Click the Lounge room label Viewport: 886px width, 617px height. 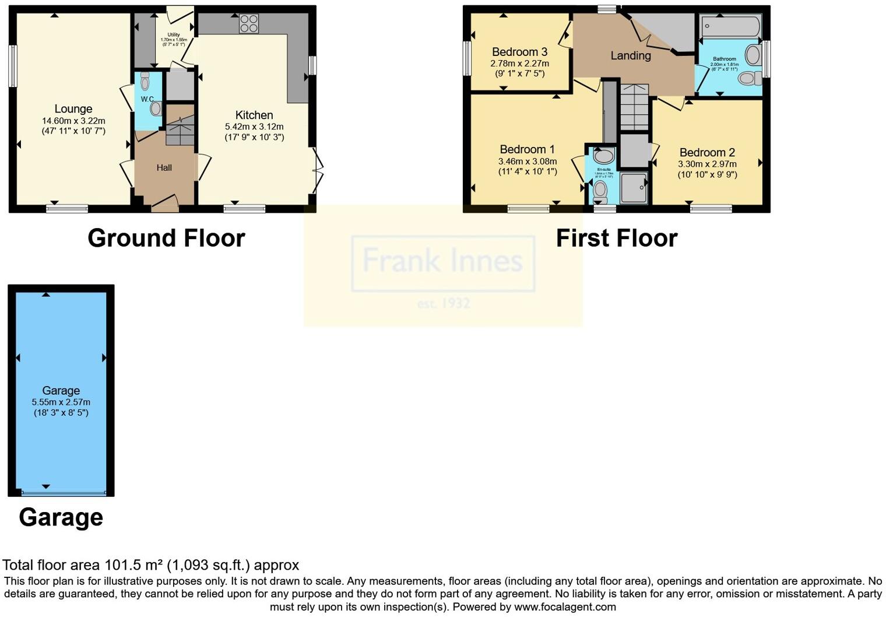click(x=73, y=109)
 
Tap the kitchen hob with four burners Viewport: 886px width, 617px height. click(x=249, y=24)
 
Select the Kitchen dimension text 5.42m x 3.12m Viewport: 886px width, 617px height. click(x=254, y=127)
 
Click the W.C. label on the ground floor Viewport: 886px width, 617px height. click(x=147, y=99)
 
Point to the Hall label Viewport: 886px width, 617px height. click(x=164, y=168)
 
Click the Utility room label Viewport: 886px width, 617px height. click(x=174, y=35)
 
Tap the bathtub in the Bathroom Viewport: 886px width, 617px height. click(x=730, y=26)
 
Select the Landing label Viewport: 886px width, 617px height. click(x=630, y=56)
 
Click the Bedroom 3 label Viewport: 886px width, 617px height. click(x=519, y=52)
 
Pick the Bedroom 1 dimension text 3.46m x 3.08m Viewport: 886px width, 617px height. click(x=528, y=162)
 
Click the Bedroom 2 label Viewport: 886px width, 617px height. click(x=707, y=153)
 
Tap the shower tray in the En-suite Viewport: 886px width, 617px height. click(x=634, y=187)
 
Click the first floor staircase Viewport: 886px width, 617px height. click(x=634, y=107)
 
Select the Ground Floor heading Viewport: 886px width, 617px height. click(x=166, y=239)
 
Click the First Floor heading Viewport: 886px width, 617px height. click(x=617, y=239)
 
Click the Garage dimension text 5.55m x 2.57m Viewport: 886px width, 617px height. click(x=61, y=402)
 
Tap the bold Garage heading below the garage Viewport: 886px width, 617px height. click(x=61, y=517)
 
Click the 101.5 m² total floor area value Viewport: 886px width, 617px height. click(x=133, y=565)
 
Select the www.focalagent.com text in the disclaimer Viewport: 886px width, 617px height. click(x=565, y=607)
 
